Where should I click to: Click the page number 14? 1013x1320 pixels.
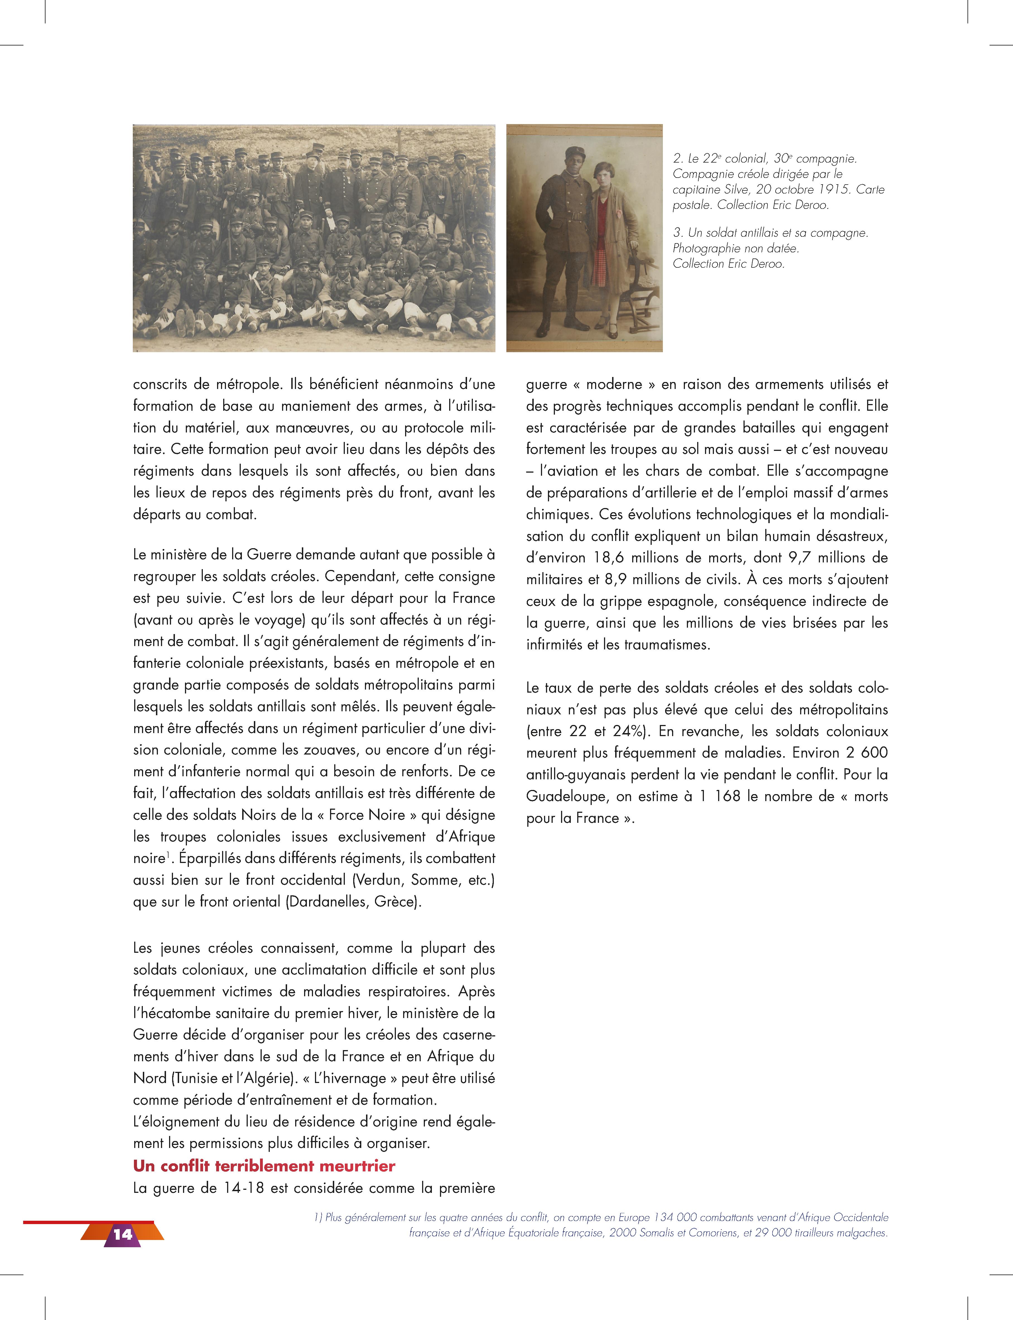[x=122, y=1234]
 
